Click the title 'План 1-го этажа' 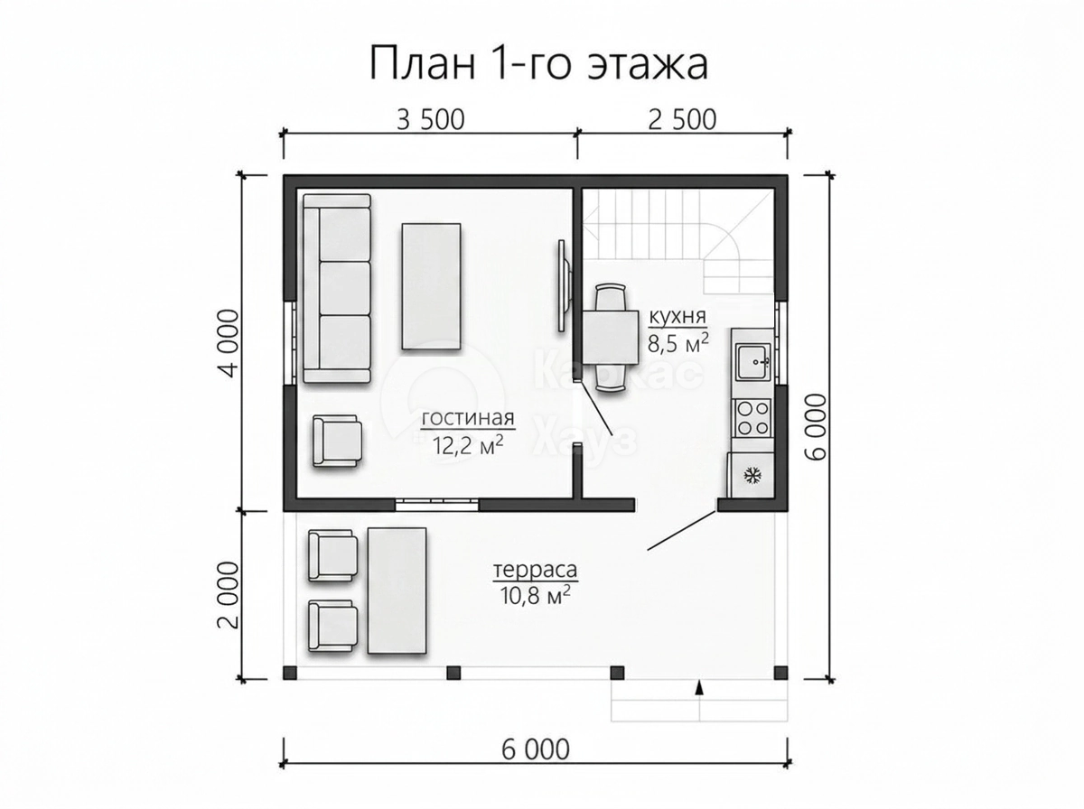[x=538, y=63]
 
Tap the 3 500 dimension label [x=431, y=120]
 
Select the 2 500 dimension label [x=682, y=120]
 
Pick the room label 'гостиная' [x=468, y=418]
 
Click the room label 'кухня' [x=677, y=317]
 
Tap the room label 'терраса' [x=536, y=570]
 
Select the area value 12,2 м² [x=468, y=445]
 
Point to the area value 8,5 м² [x=678, y=343]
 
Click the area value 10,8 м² [x=536, y=596]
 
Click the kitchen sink [x=753, y=362]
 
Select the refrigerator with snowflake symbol [x=750, y=475]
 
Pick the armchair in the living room [x=337, y=441]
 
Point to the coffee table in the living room [x=432, y=286]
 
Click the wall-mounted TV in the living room [x=564, y=286]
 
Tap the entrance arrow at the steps [x=699, y=689]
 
